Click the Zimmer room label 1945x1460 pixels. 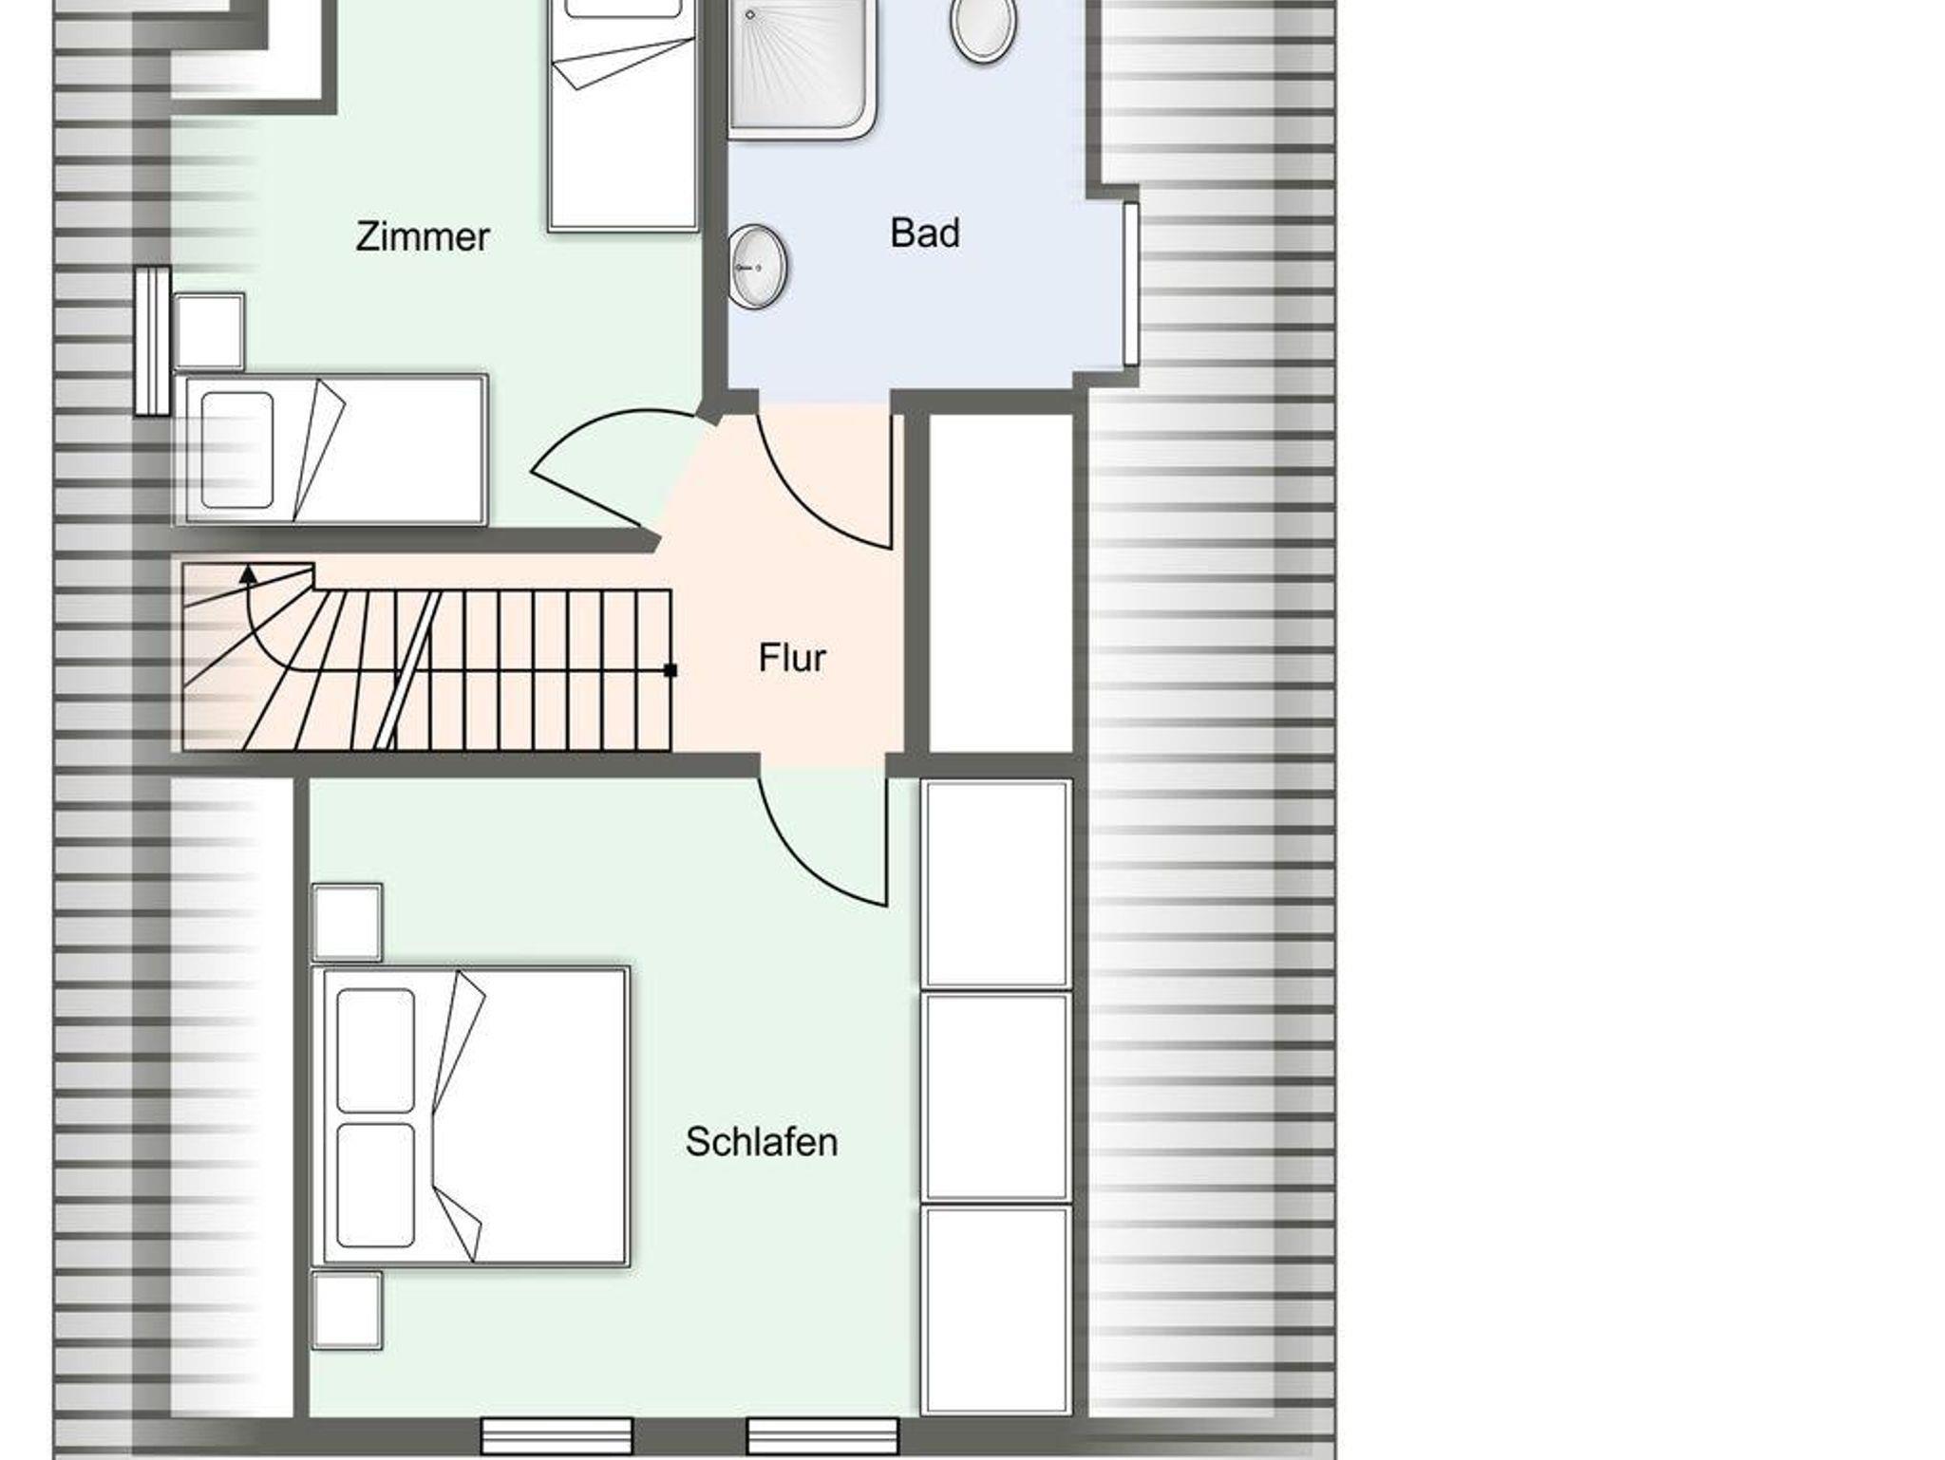[423, 237]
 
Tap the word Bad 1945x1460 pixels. [925, 234]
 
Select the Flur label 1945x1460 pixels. [792, 658]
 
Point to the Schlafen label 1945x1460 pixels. [762, 1142]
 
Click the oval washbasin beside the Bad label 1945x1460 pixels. [758, 267]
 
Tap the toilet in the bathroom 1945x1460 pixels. [983, 28]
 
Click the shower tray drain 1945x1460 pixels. [749, 15]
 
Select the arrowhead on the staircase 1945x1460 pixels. [248, 572]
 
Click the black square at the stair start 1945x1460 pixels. [670, 670]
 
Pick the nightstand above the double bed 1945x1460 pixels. [348, 923]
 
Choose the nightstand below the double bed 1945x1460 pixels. [348, 1310]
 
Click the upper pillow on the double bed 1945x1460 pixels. [376, 1050]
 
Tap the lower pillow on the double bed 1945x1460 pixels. [376, 1186]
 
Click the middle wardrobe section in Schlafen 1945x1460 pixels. [996, 1097]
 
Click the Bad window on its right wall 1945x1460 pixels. [1130, 283]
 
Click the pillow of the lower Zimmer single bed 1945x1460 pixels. [237, 450]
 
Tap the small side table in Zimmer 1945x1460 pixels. [209, 331]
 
